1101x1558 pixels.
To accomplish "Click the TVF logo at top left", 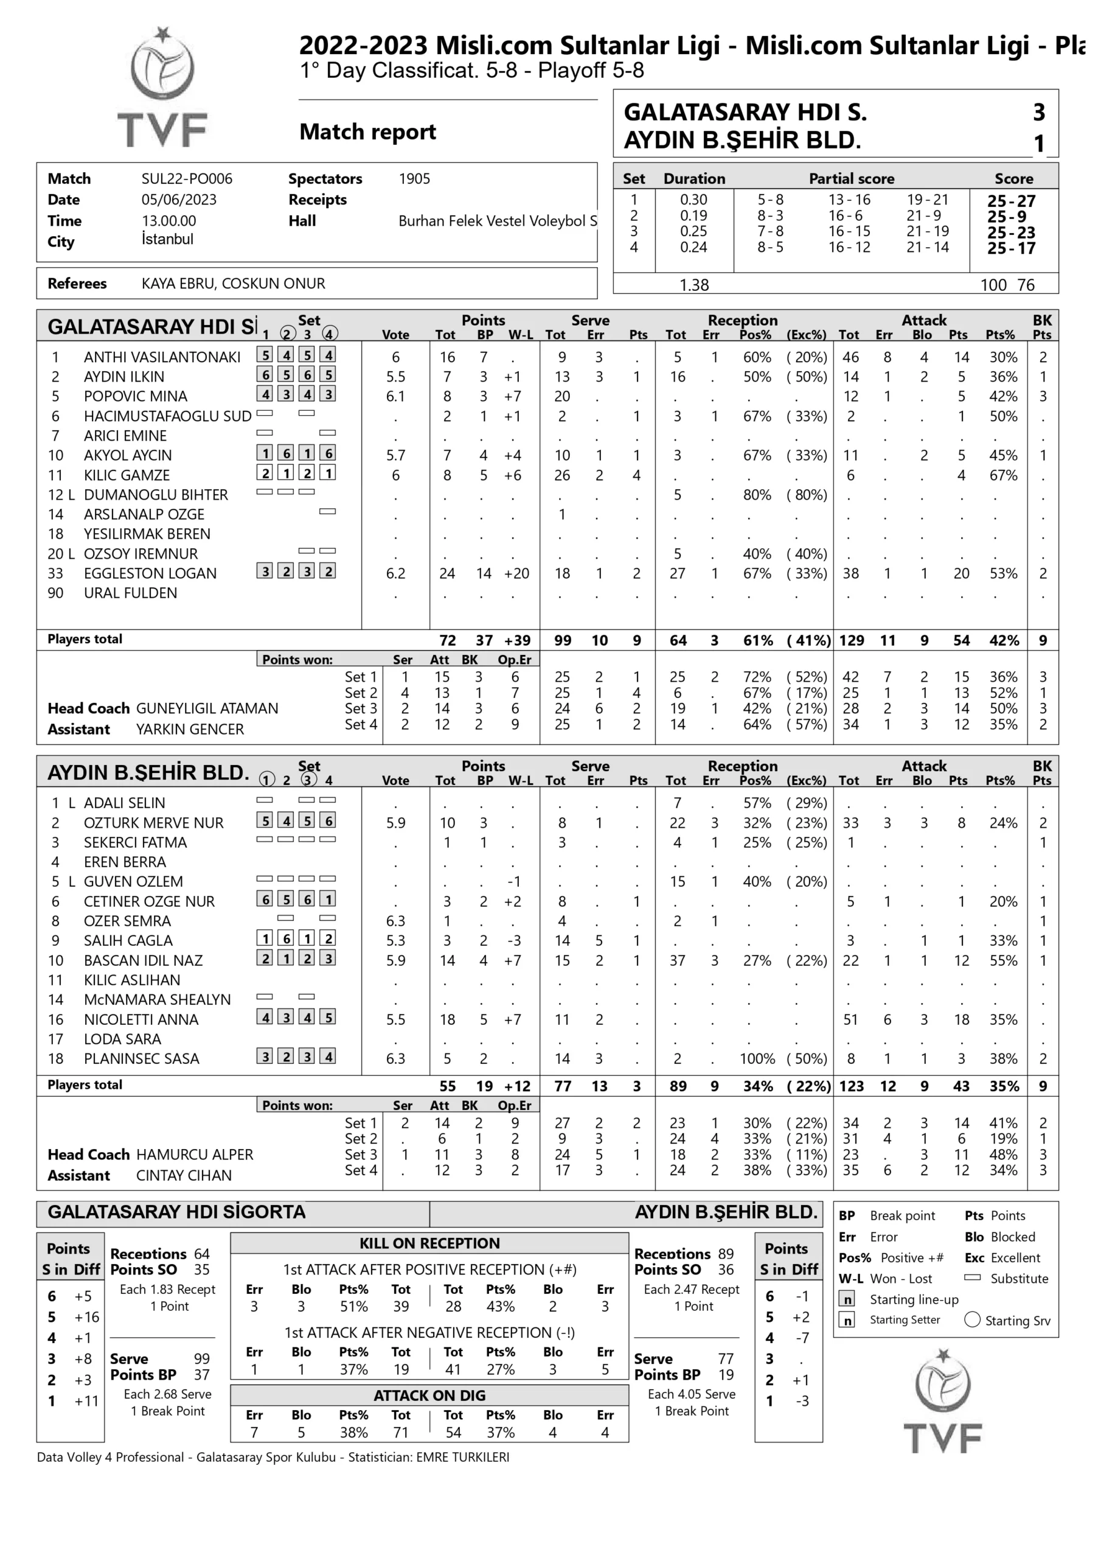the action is point(162,88).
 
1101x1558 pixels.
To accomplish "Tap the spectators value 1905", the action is point(414,179).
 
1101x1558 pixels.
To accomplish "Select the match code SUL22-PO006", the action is point(187,179).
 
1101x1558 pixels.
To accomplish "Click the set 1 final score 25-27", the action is point(1011,201).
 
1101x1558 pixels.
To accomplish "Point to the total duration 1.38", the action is point(694,285).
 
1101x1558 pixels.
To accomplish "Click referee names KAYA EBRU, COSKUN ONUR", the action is point(234,284).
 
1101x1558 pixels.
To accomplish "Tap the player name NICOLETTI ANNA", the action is point(141,1019).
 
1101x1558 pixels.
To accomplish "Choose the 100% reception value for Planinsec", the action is point(757,1058).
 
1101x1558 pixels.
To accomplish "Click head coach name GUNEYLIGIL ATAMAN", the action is point(207,708).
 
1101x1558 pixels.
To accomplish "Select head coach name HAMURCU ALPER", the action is point(195,1155).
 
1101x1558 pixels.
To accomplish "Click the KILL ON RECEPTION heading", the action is point(429,1243).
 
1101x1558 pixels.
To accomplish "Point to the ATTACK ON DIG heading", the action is point(429,1395).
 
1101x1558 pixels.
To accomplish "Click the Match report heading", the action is point(367,131).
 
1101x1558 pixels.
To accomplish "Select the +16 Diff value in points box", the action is point(87,1317).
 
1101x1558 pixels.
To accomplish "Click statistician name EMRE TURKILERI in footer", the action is point(463,1457).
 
